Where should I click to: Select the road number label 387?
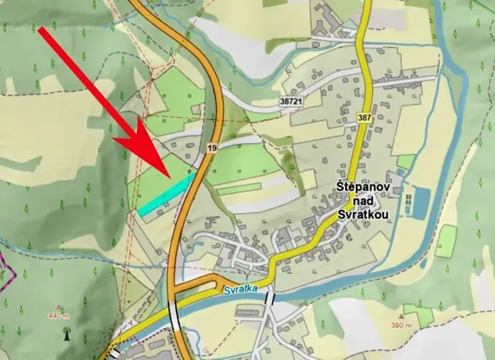(364, 118)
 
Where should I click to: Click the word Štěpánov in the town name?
(365, 187)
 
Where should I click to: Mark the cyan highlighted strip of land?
(166, 192)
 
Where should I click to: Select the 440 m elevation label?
(58, 316)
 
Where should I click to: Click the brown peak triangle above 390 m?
(402, 315)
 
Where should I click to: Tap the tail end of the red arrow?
(43, 32)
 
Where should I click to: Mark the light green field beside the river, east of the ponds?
(445, 240)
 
